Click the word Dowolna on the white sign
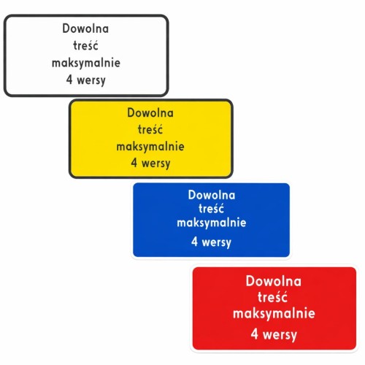85,28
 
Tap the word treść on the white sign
85,45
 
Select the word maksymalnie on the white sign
86,63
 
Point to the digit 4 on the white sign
69,80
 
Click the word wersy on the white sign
91,80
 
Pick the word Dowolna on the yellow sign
150,112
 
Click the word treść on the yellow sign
150,129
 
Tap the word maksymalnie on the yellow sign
150,147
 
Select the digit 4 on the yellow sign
134,163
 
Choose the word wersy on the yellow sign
156,164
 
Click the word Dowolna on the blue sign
212,195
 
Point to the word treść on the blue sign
211,209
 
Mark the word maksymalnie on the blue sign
212,223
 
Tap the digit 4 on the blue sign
194,242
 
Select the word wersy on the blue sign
217,242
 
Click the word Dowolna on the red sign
274,281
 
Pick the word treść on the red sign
272,297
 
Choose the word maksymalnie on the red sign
274,313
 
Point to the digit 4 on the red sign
254,334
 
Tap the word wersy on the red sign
280,335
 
